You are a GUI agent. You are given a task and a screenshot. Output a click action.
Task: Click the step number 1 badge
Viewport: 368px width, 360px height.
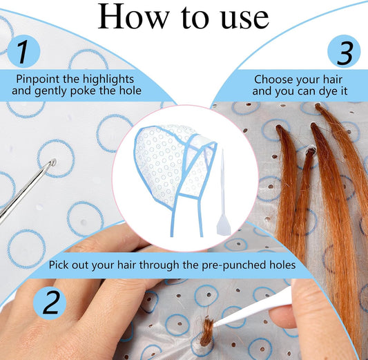(x=23, y=51)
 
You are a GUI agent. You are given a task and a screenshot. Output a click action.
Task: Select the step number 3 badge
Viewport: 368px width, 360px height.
(x=344, y=51)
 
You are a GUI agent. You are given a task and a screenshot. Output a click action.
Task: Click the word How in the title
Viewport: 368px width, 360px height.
(x=134, y=17)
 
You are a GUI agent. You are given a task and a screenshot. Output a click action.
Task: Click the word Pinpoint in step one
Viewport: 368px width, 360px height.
(x=37, y=79)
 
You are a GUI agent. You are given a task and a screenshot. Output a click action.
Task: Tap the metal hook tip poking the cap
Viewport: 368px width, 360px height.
(x=53, y=162)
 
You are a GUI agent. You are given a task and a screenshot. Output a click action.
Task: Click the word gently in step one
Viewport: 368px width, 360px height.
(x=51, y=91)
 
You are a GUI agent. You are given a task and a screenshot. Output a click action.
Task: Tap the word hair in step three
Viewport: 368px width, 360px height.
(x=333, y=79)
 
